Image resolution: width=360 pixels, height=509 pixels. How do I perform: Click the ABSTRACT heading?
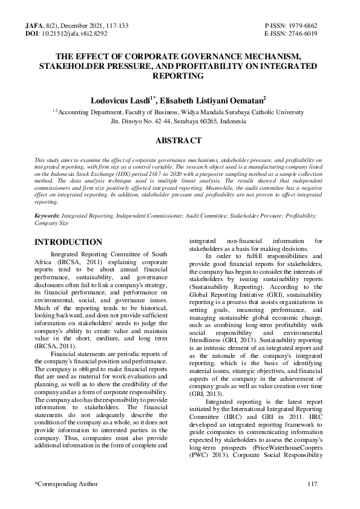coord(179,141)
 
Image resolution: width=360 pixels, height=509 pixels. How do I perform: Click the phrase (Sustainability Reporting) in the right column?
coord(227,303)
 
